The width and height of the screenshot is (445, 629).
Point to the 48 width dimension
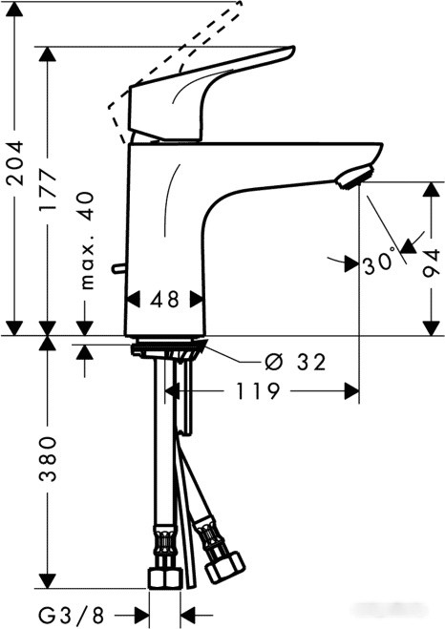point(165,300)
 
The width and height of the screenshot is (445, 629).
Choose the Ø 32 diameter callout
point(295,362)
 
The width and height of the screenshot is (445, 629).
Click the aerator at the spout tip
point(353,176)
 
